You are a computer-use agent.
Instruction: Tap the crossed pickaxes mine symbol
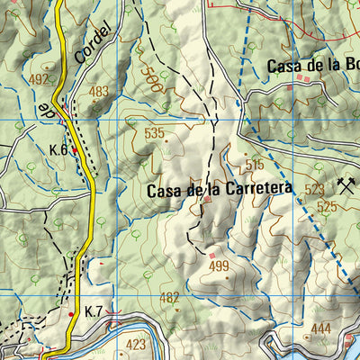pyautogui.click(x=345, y=186)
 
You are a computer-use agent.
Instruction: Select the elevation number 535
pyautogui.click(x=154, y=133)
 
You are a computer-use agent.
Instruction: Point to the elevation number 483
pyautogui.click(x=98, y=91)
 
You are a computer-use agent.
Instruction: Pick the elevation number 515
pyautogui.click(x=254, y=165)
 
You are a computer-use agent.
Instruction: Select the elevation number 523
pyautogui.click(x=314, y=190)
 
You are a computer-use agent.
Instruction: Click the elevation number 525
pyautogui.click(x=325, y=207)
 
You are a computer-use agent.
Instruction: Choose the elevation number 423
pyautogui.click(x=136, y=345)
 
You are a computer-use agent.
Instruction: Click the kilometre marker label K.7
pyautogui.click(x=94, y=311)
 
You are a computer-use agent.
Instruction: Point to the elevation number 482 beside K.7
pyautogui.click(x=169, y=298)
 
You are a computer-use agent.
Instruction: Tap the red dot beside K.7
pyautogui.click(x=72, y=314)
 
